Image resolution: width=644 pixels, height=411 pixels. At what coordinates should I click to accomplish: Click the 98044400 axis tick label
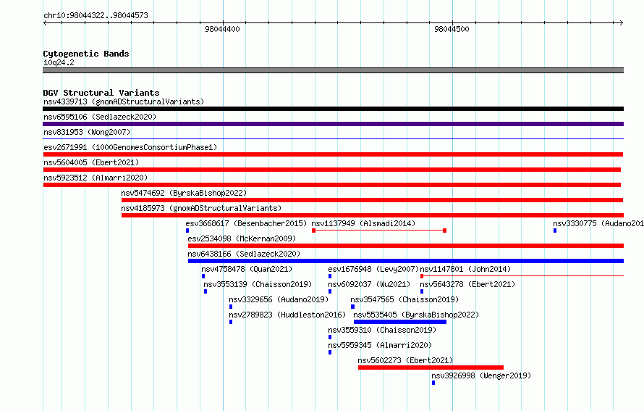(x=222, y=29)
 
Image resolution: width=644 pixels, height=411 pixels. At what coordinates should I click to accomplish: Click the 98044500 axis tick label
(x=452, y=29)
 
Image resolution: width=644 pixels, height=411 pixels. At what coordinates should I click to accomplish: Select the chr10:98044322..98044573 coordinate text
(x=96, y=16)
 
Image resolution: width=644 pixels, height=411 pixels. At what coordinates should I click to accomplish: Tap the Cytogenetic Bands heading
(x=86, y=54)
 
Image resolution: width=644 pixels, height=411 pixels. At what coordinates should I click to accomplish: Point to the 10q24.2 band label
(x=59, y=62)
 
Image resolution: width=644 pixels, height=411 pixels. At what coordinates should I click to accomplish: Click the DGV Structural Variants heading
(x=101, y=93)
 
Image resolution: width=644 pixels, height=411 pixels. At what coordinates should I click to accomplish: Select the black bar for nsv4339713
(x=333, y=109)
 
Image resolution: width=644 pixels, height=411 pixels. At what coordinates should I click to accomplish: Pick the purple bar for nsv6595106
(x=333, y=124)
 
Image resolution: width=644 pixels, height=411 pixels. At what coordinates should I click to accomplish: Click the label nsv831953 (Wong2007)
(x=87, y=132)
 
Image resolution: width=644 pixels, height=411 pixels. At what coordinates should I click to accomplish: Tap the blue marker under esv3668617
(x=187, y=231)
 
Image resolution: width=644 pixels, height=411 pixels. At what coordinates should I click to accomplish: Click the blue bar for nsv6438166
(x=406, y=261)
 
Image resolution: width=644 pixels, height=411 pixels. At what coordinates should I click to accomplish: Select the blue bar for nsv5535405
(x=400, y=322)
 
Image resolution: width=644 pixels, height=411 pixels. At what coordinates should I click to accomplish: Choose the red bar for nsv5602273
(x=431, y=368)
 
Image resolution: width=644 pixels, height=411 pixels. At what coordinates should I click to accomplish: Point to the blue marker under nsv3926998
(x=433, y=383)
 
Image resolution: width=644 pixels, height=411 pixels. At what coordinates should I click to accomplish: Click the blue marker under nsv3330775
(x=555, y=231)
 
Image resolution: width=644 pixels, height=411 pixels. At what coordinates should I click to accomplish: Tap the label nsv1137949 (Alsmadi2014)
(x=363, y=223)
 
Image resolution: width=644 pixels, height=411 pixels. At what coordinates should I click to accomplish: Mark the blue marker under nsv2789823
(x=231, y=322)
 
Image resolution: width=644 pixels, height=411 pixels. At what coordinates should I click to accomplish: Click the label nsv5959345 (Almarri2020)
(x=380, y=345)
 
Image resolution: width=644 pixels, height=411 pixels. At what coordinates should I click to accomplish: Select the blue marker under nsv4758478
(x=203, y=276)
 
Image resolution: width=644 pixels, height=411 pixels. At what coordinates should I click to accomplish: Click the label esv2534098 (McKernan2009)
(x=242, y=238)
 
